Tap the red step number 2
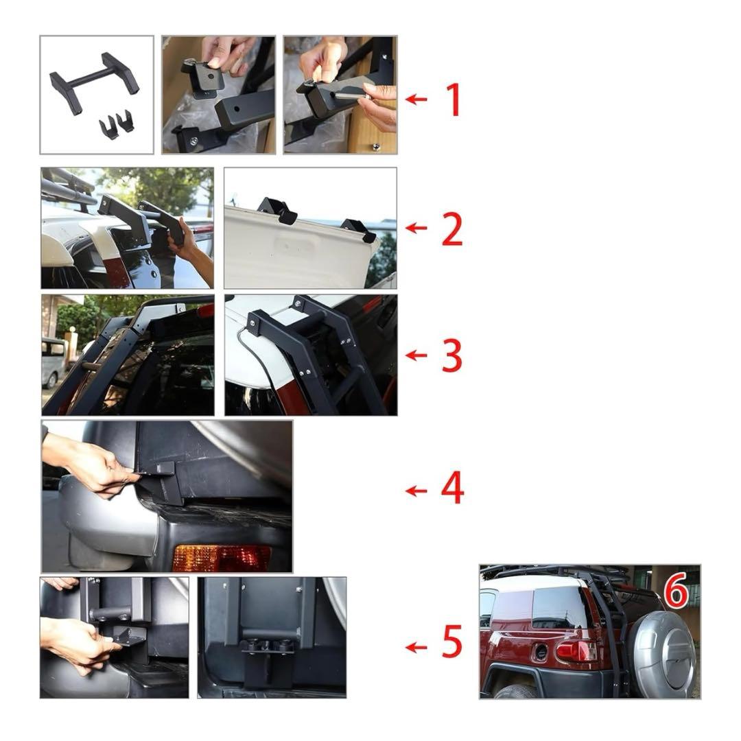point(452,228)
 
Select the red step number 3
point(451,355)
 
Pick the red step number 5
point(452,641)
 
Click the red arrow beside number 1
point(416,99)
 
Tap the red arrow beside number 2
point(416,228)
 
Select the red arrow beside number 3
point(416,355)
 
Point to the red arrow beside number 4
point(416,491)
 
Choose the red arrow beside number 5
point(416,646)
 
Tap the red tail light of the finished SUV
point(577,651)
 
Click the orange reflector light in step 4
point(221,558)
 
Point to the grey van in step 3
point(53,362)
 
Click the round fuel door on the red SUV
point(541,652)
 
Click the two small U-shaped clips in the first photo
point(116,123)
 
